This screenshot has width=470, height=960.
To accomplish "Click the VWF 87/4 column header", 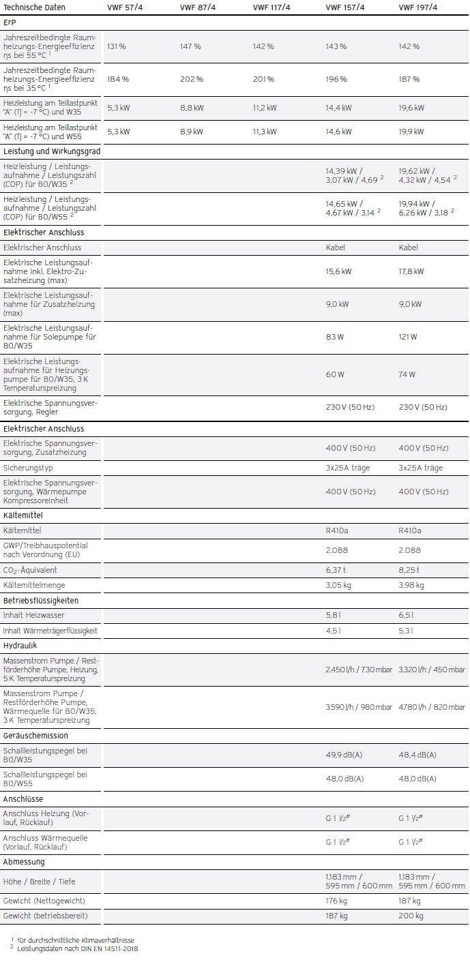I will pyautogui.click(x=196, y=7).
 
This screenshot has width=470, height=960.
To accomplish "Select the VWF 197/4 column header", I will pyautogui.click(x=415, y=7).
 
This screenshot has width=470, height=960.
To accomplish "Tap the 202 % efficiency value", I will pyautogui.click(x=190, y=79).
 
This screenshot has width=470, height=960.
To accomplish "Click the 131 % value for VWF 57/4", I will pyautogui.click(x=117, y=46).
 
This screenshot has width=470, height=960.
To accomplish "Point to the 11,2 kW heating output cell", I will pyautogui.click(x=265, y=108).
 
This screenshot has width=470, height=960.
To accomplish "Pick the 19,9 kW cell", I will pyautogui.click(x=411, y=132).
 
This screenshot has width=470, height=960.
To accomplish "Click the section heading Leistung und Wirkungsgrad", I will pyautogui.click(x=52, y=151).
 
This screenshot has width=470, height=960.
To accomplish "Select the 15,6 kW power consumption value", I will pyautogui.click(x=339, y=271).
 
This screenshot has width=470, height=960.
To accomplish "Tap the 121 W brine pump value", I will pyautogui.click(x=408, y=337).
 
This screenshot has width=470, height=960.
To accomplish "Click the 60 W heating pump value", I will pyautogui.click(x=335, y=374).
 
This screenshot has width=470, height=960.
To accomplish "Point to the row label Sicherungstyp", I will pyautogui.click(x=28, y=468).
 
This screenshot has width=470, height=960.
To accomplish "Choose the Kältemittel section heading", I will pyautogui.click(x=23, y=515).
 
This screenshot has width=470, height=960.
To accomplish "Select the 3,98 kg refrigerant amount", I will pyautogui.click(x=411, y=585).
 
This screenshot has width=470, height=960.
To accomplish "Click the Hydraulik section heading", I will pyautogui.click(x=20, y=645).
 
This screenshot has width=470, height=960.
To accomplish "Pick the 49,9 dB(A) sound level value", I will pyautogui.click(x=345, y=755).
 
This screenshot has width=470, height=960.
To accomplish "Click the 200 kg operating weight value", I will pyautogui.click(x=411, y=916).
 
